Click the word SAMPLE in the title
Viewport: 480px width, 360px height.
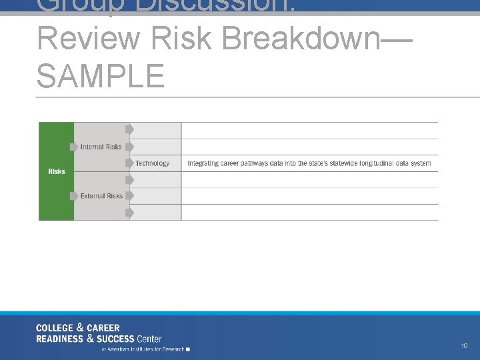click(100, 75)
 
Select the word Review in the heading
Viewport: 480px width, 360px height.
click(89, 39)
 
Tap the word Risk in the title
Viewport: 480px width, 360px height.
click(181, 39)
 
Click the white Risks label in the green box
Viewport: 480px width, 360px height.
click(57, 171)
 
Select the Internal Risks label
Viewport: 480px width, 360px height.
click(101, 147)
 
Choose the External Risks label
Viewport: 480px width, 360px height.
click(101, 196)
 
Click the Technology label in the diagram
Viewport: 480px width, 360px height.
click(152, 163)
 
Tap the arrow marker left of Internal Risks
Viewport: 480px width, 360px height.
click(73, 147)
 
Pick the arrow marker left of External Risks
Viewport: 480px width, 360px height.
click(73, 196)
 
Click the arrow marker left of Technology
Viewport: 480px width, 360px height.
click(129, 163)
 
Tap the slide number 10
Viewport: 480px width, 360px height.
click(464, 346)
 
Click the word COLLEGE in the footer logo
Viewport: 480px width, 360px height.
click(55, 328)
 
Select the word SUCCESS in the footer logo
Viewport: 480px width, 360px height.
click(111, 339)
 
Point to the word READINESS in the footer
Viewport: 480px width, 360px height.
click(59, 339)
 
